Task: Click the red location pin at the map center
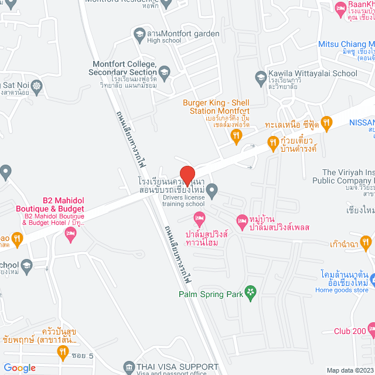pyautogui.click(x=187, y=176)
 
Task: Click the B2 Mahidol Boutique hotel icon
pyautogui.click(x=70, y=234)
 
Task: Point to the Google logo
pyautogui.click(x=20, y=368)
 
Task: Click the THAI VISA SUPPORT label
pyautogui.click(x=174, y=366)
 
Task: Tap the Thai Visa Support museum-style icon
pyautogui.click(x=129, y=367)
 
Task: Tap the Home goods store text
pyautogui.click(x=341, y=289)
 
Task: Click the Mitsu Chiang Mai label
pyautogui.click(x=346, y=44)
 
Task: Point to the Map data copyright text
pyautogui.click(x=349, y=370)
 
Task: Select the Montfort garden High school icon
pyautogui.click(x=139, y=34)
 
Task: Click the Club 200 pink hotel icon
pyautogui.click(x=371, y=331)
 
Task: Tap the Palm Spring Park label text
pyautogui.click(x=211, y=294)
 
